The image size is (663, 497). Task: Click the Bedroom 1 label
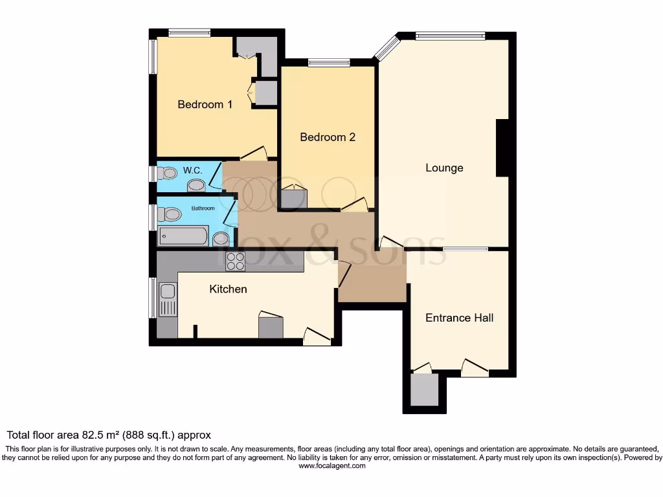pyautogui.click(x=205, y=104)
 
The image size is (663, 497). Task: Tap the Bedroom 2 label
pyautogui.click(x=328, y=137)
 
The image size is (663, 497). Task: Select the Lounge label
pyautogui.click(x=444, y=168)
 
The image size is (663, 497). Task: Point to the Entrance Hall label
pyautogui.click(x=459, y=318)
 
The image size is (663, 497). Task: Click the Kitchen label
pyautogui.click(x=228, y=289)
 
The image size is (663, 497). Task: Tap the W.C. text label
pyautogui.click(x=192, y=171)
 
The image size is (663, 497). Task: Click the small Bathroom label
pyautogui.click(x=203, y=208)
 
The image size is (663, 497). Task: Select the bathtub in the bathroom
pyautogui.click(x=183, y=236)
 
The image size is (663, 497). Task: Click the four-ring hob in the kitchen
pyautogui.click(x=235, y=261)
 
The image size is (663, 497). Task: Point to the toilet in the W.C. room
pyautogui.click(x=168, y=173)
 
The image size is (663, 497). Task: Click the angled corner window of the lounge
pyautogui.click(x=387, y=47)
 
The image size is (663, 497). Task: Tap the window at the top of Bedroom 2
pyautogui.click(x=329, y=63)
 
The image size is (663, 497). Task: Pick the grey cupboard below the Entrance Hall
pyautogui.click(x=425, y=390)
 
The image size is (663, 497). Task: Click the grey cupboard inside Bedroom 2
pyautogui.click(x=293, y=199)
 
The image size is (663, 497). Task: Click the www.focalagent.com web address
pyautogui.click(x=331, y=465)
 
